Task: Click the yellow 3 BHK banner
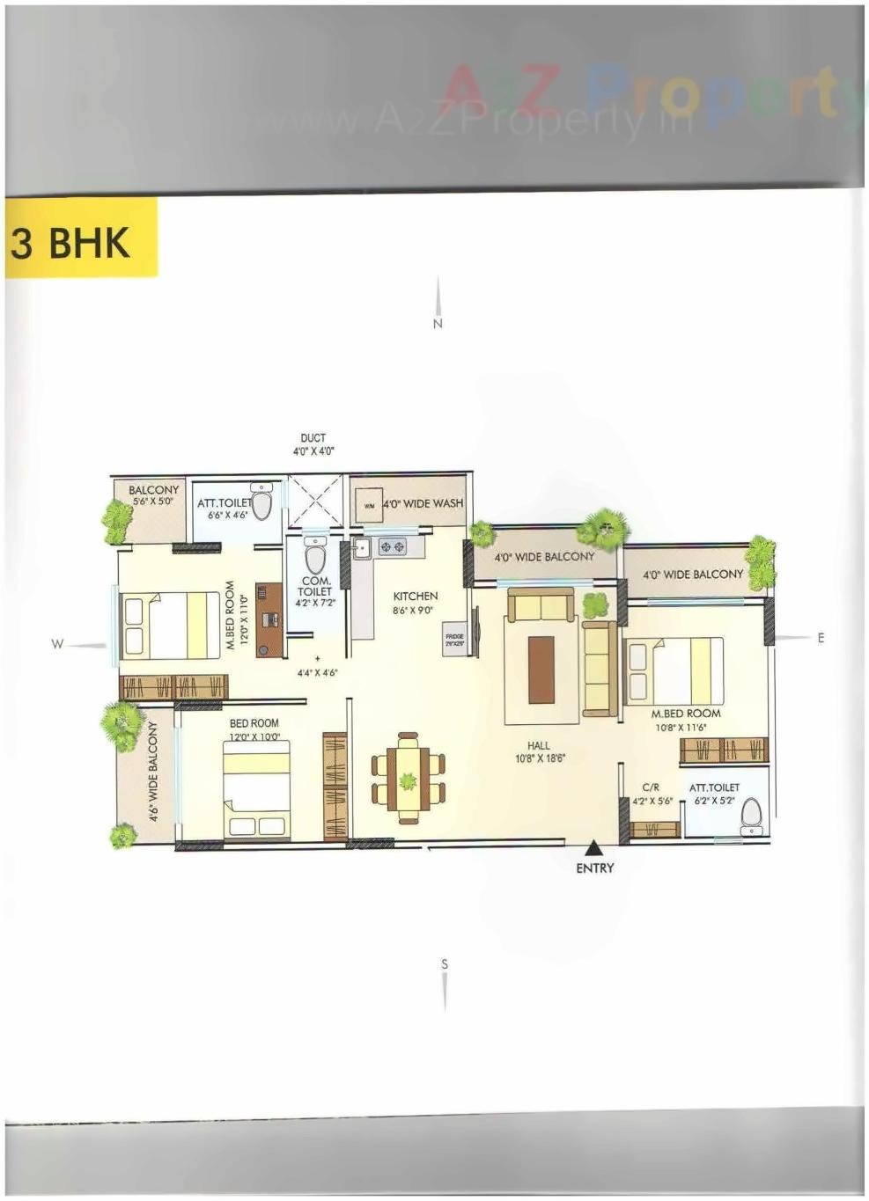[x=81, y=239]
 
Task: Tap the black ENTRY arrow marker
[x=594, y=848]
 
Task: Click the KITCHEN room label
[x=415, y=597]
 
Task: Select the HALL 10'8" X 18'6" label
[x=539, y=751]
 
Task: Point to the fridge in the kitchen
[x=454, y=640]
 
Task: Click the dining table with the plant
[x=408, y=778]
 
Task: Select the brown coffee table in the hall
[x=541, y=669]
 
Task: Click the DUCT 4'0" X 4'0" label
[x=313, y=443]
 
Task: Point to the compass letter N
[x=438, y=324]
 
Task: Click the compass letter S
[x=445, y=964]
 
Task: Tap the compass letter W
[x=57, y=644]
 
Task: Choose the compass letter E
[x=821, y=638]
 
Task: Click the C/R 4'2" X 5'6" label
[x=652, y=795]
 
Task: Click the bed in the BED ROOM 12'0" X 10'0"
[x=256, y=790]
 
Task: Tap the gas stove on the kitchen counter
[x=392, y=547]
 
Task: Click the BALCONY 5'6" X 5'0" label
[x=153, y=494]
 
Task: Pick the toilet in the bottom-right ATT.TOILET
[x=751, y=816]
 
